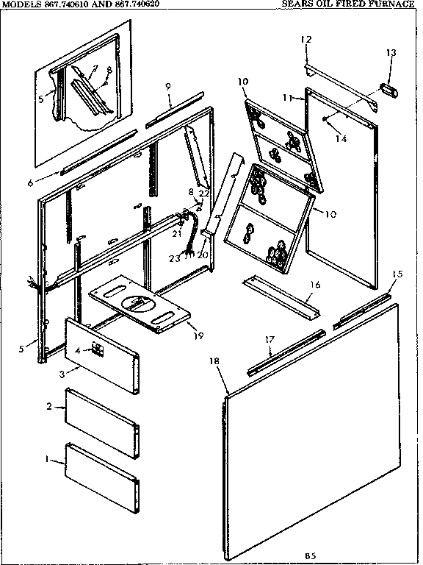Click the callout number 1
[47, 460]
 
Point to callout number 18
[214, 363]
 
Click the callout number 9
[168, 87]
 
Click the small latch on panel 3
[95, 349]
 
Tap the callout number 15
[397, 274]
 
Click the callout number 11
[288, 97]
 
